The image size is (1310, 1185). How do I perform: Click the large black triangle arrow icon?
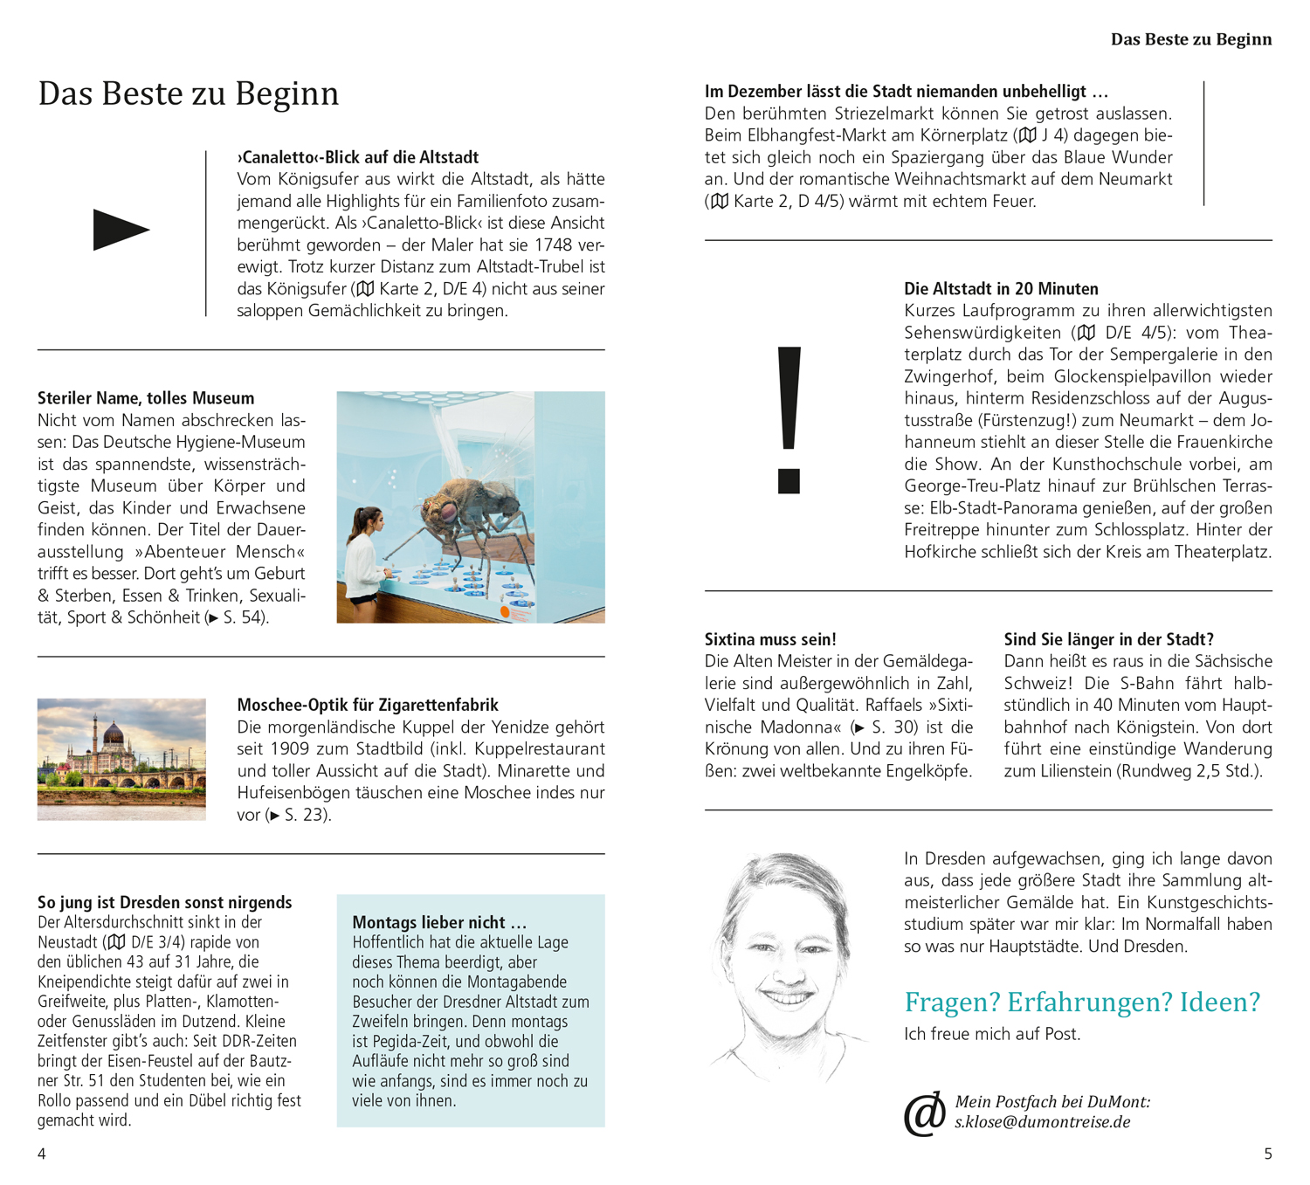pos(121,230)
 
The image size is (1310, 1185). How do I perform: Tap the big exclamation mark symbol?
pos(789,419)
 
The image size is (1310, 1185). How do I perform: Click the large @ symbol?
pos(924,1113)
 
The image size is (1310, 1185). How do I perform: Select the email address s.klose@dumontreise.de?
pos(1042,1122)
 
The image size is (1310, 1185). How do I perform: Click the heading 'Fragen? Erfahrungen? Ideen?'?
pos(1082,1002)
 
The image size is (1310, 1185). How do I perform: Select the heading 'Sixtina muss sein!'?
pos(770,639)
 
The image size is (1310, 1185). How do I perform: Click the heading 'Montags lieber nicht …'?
pos(439,922)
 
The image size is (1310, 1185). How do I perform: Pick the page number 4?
pos(42,1154)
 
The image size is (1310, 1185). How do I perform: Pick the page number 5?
pos(1268,1154)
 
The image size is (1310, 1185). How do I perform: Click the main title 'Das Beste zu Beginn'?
pos(188,93)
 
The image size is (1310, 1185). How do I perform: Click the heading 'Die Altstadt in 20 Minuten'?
pos(1001,289)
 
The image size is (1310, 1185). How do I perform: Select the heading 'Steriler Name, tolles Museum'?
pos(146,398)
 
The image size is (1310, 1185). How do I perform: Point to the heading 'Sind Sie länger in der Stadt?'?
pos(1108,639)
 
